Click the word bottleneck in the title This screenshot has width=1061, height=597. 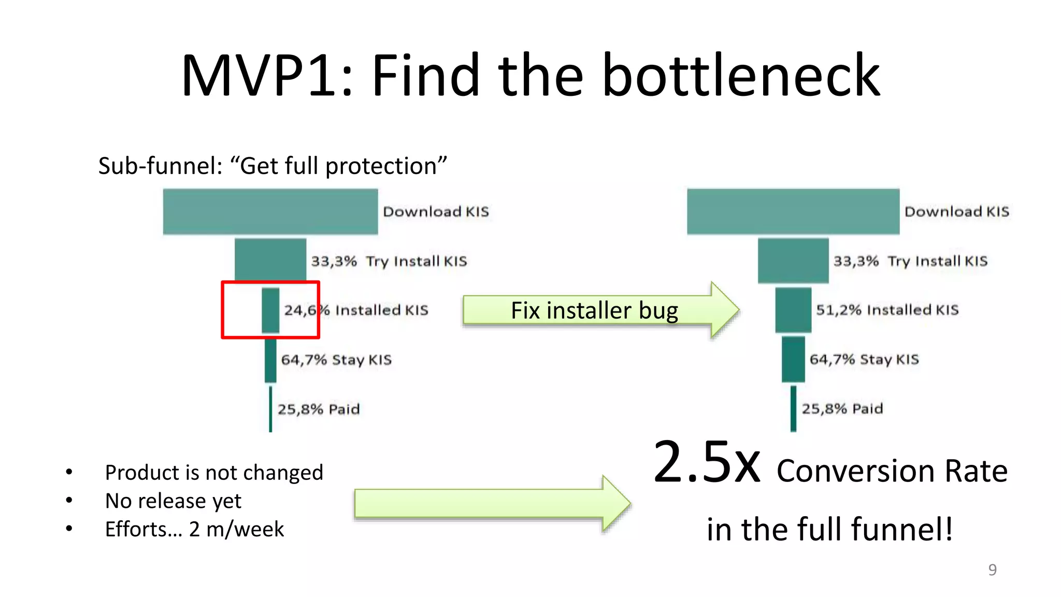(x=741, y=76)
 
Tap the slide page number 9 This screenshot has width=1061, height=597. (x=992, y=570)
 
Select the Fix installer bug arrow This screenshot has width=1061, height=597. (x=596, y=310)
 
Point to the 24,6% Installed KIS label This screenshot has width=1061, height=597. (x=356, y=310)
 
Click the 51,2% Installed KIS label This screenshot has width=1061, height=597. (x=887, y=310)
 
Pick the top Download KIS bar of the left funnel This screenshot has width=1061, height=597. (x=270, y=211)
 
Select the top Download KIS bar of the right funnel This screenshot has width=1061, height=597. (x=793, y=211)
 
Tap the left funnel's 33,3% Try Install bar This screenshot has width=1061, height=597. (x=270, y=259)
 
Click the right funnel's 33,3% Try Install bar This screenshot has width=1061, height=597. (x=793, y=260)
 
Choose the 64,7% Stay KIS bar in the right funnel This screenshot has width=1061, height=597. (x=793, y=359)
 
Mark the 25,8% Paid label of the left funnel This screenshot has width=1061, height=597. (x=318, y=409)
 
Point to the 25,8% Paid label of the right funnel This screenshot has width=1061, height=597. (x=842, y=409)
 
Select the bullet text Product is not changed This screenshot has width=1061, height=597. (x=213, y=473)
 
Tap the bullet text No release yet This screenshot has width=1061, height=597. (x=173, y=501)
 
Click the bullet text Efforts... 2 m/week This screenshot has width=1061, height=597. (x=194, y=529)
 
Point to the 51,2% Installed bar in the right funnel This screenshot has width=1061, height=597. (x=793, y=310)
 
